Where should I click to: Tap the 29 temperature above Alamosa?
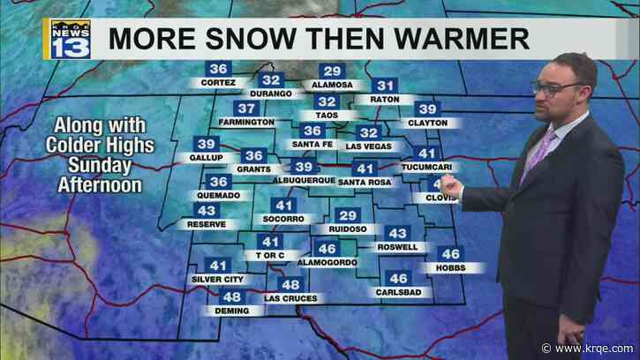click(x=332, y=71)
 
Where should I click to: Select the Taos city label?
click(x=326, y=116)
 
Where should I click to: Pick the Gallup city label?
click(x=206, y=157)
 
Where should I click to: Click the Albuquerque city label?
click(x=303, y=180)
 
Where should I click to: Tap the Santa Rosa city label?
click(x=363, y=182)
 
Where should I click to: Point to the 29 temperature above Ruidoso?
click(x=349, y=216)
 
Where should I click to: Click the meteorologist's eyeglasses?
click(x=557, y=88)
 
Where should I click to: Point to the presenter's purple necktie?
click(x=536, y=156)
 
